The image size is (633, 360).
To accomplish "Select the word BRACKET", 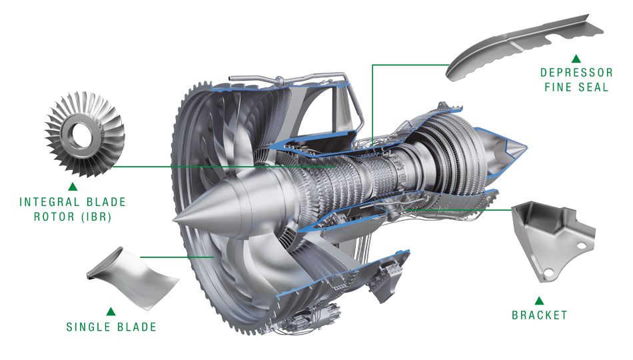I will (x=540, y=315).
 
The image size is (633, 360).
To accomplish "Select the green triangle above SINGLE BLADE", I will (x=111, y=311).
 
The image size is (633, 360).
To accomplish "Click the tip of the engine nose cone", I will (x=175, y=221).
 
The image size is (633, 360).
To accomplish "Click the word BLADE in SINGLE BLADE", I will (x=137, y=327).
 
